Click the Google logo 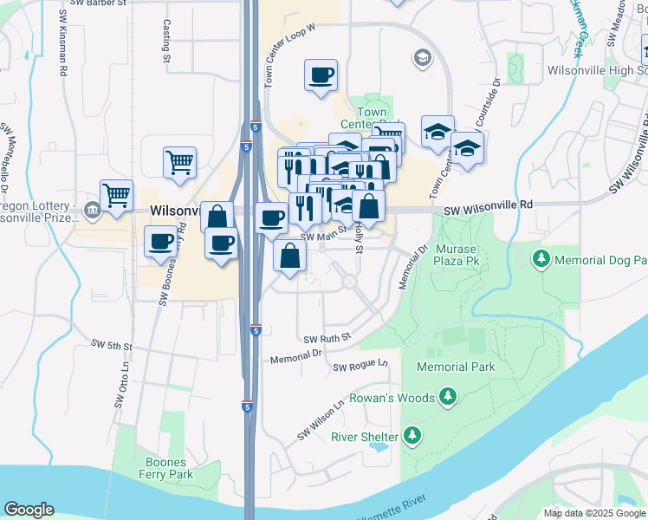(x=29, y=510)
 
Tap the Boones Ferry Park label (x=169, y=469)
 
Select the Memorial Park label (x=456, y=367)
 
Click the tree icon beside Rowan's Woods (x=447, y=397)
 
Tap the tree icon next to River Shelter (x=413, y=435)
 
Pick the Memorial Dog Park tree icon (x=541, y=258)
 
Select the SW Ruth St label (x=327, y=337)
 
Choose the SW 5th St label (x=113, y=345)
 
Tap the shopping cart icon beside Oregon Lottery (x=116, y=196)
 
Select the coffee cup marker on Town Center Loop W (x=321, y=75)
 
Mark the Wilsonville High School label (x=597, y=69)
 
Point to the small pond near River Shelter (x=379, y=448)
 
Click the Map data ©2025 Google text (x=593, y=513)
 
